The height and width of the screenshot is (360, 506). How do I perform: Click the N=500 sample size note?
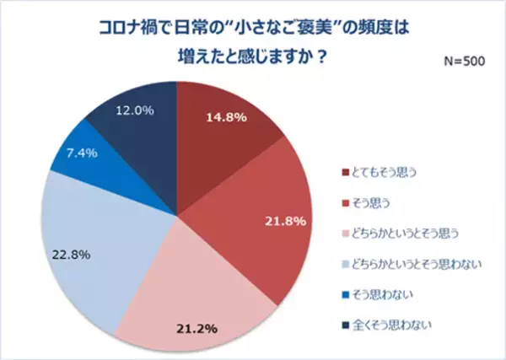click(x=463, y=61)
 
